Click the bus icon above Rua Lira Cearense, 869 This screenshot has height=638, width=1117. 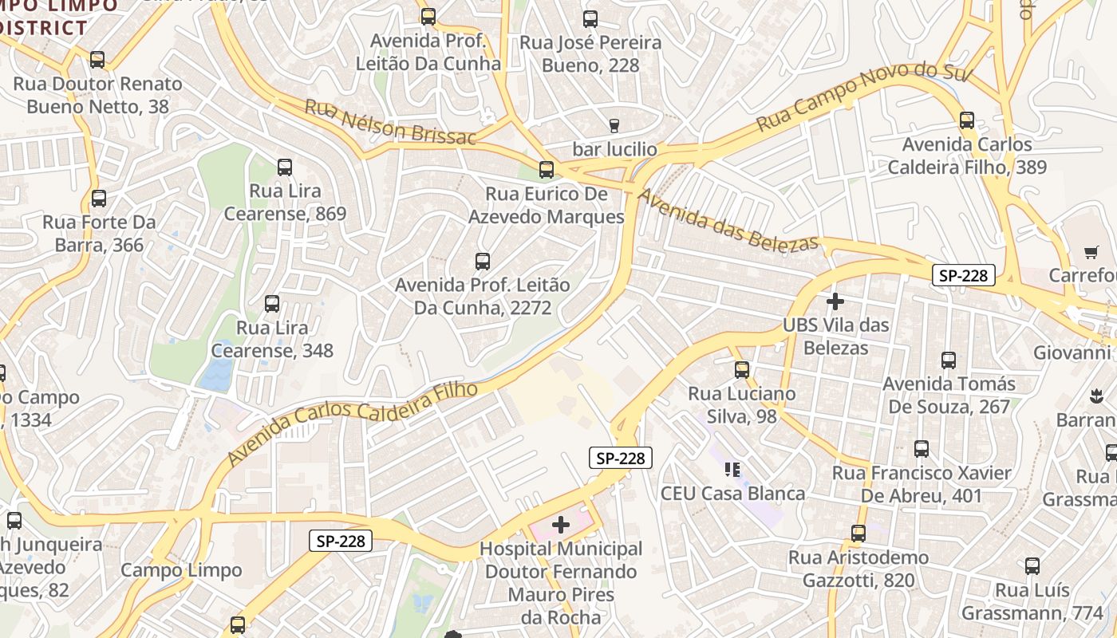285,167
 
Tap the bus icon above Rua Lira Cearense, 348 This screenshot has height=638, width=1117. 272,304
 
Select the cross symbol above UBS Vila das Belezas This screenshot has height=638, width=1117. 835,301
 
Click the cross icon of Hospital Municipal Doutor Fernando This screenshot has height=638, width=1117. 561,525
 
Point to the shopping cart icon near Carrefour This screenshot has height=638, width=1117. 1091,252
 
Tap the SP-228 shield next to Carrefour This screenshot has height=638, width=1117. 964,276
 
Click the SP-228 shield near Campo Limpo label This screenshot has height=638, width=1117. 341,541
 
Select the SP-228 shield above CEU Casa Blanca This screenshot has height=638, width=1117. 621,458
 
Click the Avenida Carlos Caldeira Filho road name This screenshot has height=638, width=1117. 353,423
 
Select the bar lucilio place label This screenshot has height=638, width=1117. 614,149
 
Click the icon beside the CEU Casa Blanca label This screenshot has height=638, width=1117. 732,470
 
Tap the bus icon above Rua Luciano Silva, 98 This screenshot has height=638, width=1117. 742,370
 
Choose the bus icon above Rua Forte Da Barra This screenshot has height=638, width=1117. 99,199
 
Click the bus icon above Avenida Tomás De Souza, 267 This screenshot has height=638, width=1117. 948,360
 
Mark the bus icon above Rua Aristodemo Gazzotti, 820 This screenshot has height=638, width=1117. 858,534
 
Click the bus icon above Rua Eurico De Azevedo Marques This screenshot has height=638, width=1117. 547,170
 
